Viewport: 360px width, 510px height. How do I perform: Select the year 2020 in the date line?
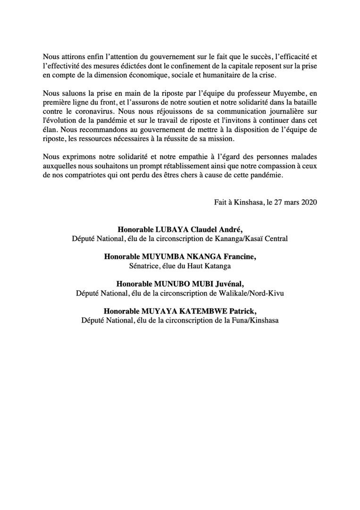308,203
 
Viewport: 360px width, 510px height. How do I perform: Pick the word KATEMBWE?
209,312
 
